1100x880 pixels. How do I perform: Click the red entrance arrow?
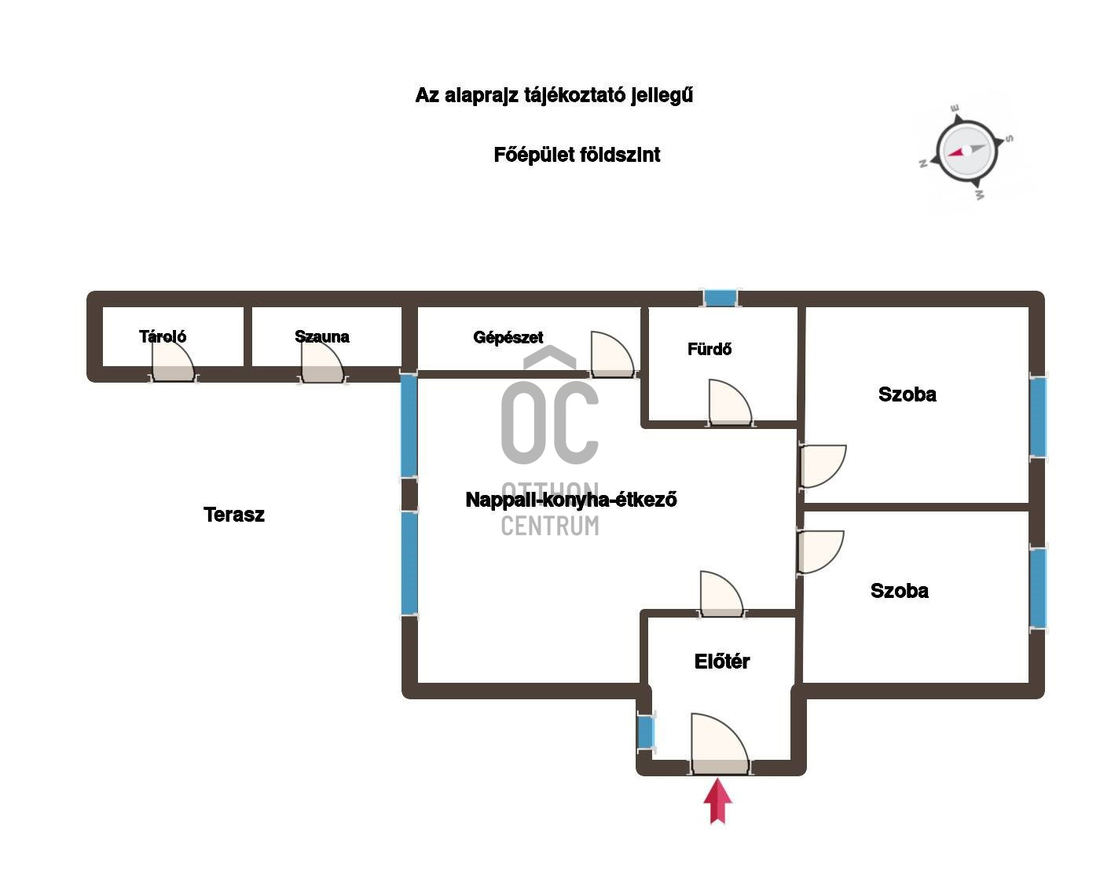click(x=717, y=801)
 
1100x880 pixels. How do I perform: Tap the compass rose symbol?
click(x=966, y=152)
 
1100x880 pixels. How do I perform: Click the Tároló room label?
click(x=163, y=336)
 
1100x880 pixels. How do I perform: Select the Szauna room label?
click(x=322, y=336)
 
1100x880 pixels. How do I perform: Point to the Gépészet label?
click(x=508, y=338)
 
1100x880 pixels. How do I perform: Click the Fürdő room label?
click(x=709, y=349)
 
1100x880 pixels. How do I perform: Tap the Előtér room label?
click(x=722, y=662)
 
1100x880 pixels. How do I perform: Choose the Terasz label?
click(x=234, y=515)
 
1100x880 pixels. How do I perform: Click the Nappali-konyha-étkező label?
click(x=571, y=500)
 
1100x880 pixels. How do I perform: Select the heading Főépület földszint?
click(x=577, y=155)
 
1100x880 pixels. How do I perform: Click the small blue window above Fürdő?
click(x=720, y=298)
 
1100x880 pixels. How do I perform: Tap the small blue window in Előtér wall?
click(x=646, y=731)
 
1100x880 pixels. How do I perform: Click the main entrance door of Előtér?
click(x=720, y=745)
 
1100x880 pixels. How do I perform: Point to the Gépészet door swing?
click(x=612, y=355)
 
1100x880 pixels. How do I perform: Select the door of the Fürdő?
click(x=730, y=403)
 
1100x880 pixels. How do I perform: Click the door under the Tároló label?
click(x=174, y=361)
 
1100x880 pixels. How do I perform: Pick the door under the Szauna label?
click(x=322, y=361)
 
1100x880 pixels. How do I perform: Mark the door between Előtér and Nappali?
click(x=721, y=594)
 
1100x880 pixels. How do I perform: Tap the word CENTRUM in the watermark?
click(x=550, y=526)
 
